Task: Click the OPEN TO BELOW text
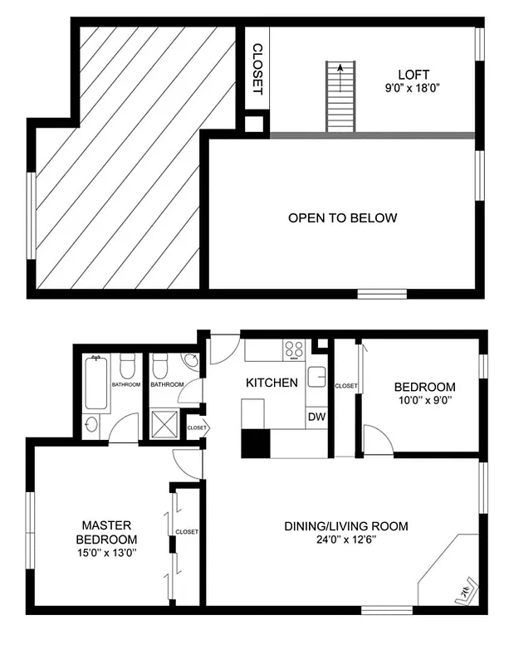342,218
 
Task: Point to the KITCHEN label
272,383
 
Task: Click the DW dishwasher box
316,417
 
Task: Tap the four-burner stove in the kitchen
293,349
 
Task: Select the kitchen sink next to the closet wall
317,378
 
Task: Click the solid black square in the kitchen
256,444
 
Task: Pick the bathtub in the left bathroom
96,382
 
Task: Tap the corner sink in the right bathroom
192,362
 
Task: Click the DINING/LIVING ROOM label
346,526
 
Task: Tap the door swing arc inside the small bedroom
376,440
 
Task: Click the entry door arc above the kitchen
223,349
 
